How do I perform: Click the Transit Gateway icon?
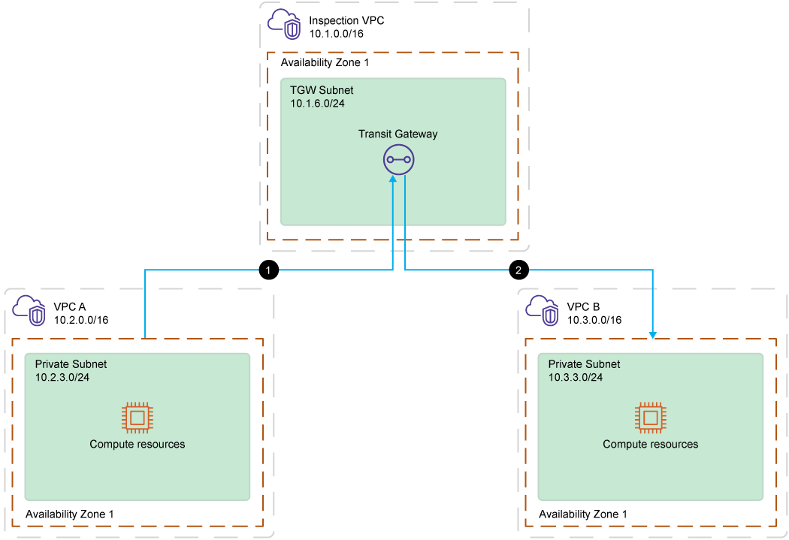[x=398, y=159]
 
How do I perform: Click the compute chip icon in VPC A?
[x=137, y=417]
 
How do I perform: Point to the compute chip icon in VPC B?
[x=650, y=417]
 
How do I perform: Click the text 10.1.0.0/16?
[x=336, y=34]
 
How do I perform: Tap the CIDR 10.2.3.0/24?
[x=62, y=377]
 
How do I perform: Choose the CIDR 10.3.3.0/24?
[x=576, y=377]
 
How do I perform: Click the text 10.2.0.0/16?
[x=81, y=320]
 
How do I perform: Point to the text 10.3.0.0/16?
[x=594, y=320]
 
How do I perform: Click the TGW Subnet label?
[x=322, y=90]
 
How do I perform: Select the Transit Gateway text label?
[x=398, y=134]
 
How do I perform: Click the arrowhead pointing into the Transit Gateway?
[x=392, y=182]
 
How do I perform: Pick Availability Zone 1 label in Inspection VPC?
[x=325, y=63]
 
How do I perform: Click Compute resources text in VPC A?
[x=137, y=444]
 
